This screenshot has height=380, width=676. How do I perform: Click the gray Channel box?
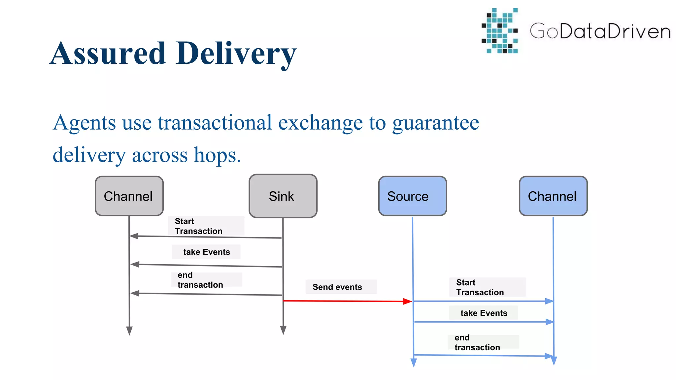(129, 196)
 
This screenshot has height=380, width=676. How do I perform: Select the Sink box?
(283, 196)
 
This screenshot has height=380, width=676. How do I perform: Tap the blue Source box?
(412, 196)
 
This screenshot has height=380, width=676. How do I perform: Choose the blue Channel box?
(553, 196)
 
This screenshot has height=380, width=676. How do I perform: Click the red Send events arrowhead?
(408, 301)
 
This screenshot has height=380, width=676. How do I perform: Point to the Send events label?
(337, 287)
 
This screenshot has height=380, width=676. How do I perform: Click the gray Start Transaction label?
(199, 226)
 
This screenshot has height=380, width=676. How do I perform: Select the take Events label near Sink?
(207, 252)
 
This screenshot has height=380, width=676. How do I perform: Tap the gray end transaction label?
(200, 280)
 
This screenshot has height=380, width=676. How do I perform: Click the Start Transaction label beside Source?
(480, 287)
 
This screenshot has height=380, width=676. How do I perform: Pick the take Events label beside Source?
(484, 313)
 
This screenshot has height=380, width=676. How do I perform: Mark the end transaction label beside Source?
(477, 342)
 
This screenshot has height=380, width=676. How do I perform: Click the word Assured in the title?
(108, 53)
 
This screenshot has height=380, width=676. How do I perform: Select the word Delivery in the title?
(236, 53)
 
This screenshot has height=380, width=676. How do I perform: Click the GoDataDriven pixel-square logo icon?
(500, 31)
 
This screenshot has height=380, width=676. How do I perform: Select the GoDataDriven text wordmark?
(600, 31)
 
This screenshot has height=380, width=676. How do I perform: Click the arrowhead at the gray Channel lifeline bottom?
(129, 331)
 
